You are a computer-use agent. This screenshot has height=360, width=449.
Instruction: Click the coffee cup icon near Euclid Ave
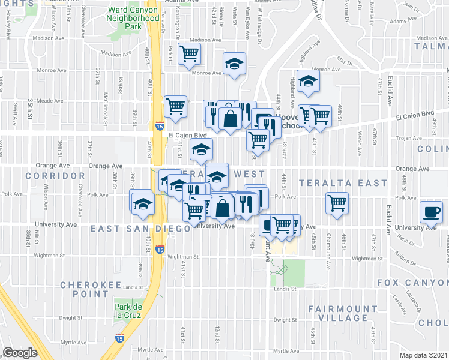pyautogui.click(x=432, y=211)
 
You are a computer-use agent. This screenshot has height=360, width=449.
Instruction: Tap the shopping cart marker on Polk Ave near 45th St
pyautogui.click(x=338, y=202)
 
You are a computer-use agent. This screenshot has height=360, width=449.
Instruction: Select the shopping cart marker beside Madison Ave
pyautogui.click(x=190, y=54)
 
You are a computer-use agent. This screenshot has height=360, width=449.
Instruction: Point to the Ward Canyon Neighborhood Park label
pyautogui.click(x=133, y=18)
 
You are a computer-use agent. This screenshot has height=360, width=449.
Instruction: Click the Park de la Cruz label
pyautogui.click(x=127, y=311)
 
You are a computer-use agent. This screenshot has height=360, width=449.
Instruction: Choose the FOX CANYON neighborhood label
pyautogui.click(x=412, y=282)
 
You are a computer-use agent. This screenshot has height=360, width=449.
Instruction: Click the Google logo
pyautogui.click(x=20, y=353)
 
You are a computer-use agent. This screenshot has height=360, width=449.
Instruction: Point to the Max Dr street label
pyautogui.click(x=344, y=62)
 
